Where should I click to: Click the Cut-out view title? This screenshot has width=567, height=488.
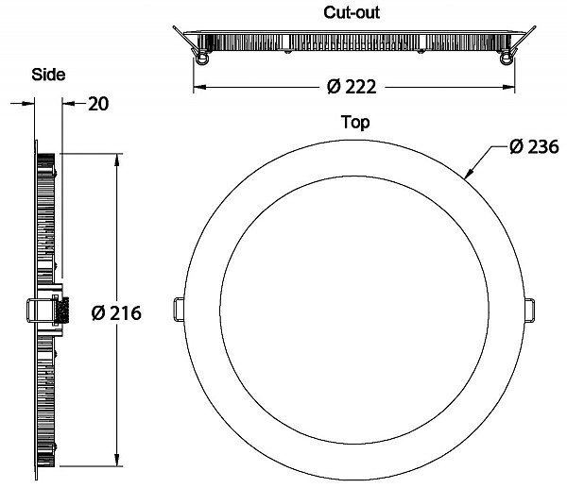pyautogui.click(x=352, y=12)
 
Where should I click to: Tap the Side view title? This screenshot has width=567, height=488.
pyautogui.click(x=48, y=75)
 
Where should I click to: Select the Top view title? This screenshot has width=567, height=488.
pyautogui.click(x=355, y=123)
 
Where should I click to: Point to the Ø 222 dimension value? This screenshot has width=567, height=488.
pyautogui.click(x=352, y=87)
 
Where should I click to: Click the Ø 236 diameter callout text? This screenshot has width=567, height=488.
pyautogui.click(x=534, y=147)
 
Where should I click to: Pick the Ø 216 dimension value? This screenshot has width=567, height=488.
pyautogui.click(x=116, y=313)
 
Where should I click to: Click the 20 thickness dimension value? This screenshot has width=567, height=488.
pyautogui.click(x=98, y=104)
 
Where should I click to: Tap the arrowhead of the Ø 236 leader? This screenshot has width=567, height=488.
pyautogui.click(x=468, y=174)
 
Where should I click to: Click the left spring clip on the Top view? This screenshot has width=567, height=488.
pyautogui.click(x=180, y=310)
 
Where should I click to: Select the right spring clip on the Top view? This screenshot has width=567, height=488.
pyautogui.click(x=529, y=310)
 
